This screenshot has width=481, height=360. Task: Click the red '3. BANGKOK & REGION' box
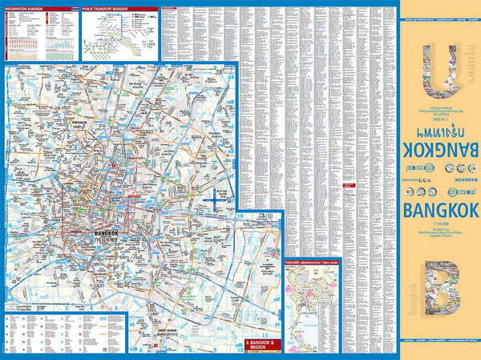tap(262, 342)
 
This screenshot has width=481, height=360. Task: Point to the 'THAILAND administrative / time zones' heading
tap(313, 261)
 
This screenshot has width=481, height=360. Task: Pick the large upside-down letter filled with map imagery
tap(439, 71)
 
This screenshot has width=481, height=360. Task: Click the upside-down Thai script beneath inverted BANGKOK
tap(439, 131)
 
